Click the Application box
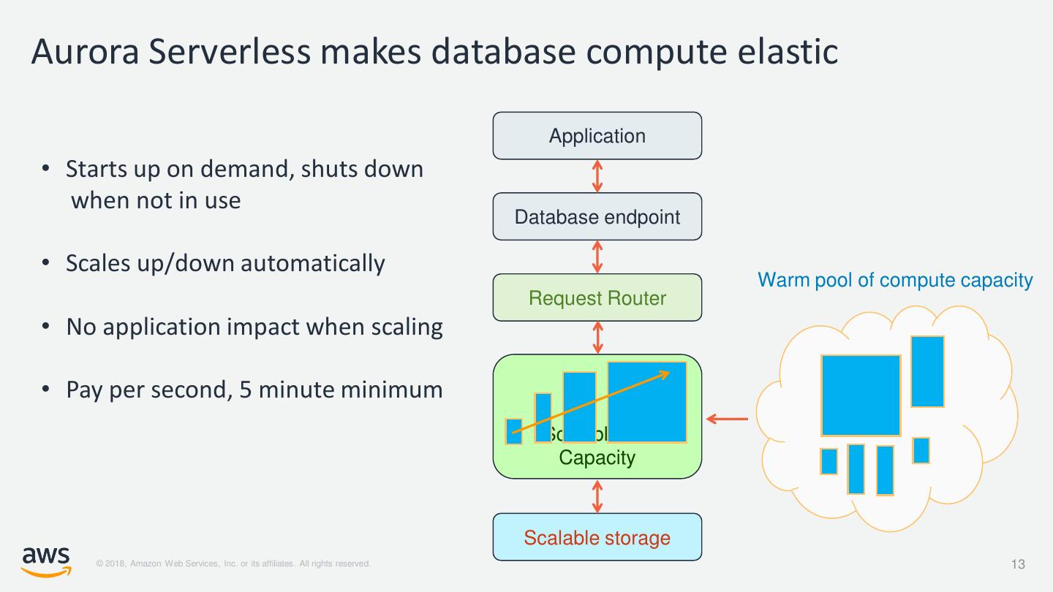tap(597, 136)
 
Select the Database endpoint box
tap(597, 217)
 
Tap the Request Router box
tap(597, 298)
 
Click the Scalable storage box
tap(597, 538)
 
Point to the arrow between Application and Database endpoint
tap(597, 176)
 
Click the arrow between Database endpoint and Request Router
tap(597, 257)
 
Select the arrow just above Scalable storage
tap(597, 496)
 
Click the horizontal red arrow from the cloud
tap(728, 420)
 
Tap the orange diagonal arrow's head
tap(665, 374)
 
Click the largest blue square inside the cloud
tap(861, 395)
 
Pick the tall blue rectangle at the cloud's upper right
tap(927, 371)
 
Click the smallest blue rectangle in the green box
tap(514, 431)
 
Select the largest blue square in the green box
tap(647, 402)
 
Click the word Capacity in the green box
tap(597, 458)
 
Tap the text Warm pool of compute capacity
tap(895, 280)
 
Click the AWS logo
tap(46, 559)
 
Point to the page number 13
tap(1018, 564)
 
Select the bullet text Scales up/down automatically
tap(225, 263)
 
